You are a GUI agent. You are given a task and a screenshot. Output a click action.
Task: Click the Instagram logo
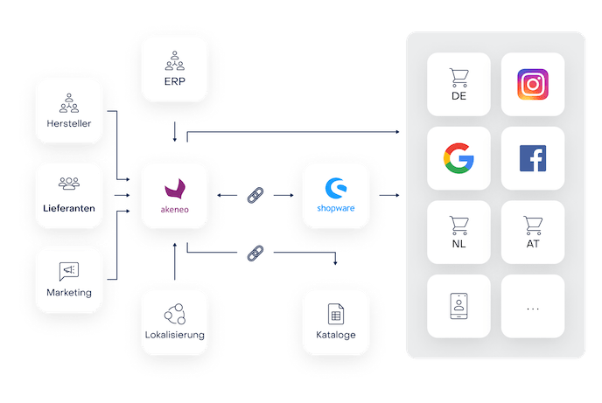pos(533,85)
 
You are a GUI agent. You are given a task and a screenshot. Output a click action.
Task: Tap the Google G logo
pos(458,159)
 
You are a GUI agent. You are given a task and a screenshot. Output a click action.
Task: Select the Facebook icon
pos(533,159)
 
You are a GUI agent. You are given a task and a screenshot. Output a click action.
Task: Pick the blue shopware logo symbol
pos(332,187)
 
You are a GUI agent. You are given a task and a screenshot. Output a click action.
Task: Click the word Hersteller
pos(68,123)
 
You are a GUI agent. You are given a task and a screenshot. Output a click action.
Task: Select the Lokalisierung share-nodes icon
pos(175,313)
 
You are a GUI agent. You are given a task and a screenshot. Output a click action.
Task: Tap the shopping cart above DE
pos(458,76)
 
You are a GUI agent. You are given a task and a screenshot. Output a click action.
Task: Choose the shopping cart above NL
pos(458,226)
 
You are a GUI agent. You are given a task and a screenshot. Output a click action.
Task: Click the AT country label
pos(533,246)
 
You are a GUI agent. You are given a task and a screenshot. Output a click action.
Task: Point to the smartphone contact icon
pos(458,305)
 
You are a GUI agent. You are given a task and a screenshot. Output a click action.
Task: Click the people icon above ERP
pos(177,61)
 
